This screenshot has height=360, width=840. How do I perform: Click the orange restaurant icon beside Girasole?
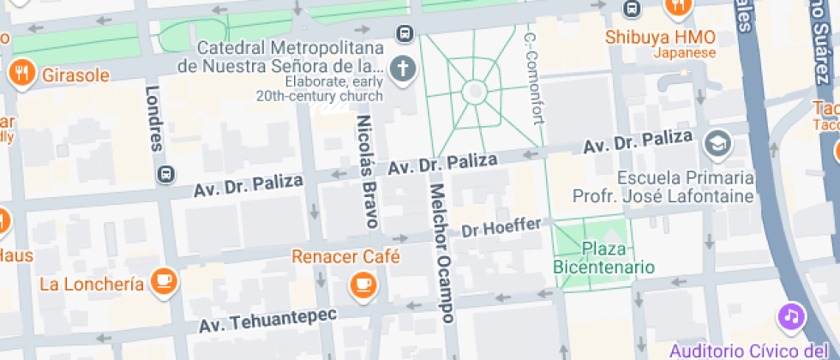coord(20,73)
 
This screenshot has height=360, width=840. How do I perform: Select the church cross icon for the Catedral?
coord(401,69)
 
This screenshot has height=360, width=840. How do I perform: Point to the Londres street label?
coord(154,118)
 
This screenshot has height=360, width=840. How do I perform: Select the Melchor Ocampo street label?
coord(440,252)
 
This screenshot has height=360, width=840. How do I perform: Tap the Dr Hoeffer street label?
coord(501,228)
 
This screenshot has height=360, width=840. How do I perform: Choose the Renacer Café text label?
coord(346,256)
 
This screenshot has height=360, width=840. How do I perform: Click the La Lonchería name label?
coord(92,285)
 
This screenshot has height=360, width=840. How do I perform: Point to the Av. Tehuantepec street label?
coord(268,321)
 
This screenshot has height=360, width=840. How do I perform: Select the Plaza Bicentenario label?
coord(603,258)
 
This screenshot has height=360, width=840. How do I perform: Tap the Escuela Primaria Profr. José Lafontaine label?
coord(686,188)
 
